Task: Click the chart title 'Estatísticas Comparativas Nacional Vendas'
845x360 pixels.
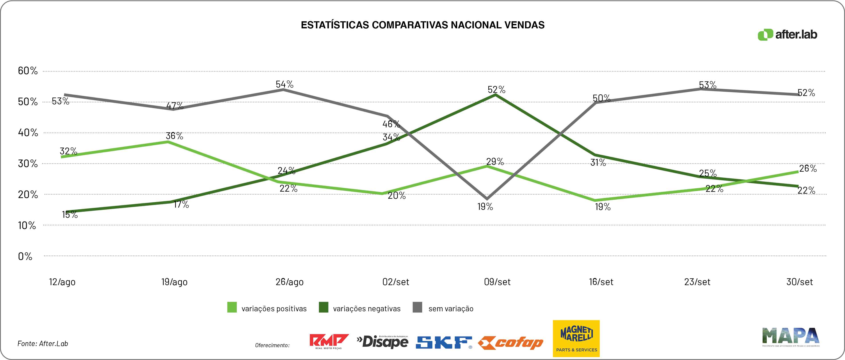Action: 423,25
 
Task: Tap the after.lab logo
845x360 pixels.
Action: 787,35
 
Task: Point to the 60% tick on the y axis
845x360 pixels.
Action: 28,70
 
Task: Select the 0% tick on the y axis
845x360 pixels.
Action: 25,256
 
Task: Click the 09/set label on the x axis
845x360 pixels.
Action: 497,282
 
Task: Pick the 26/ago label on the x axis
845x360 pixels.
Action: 290,282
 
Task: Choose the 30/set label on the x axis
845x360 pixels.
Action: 799,282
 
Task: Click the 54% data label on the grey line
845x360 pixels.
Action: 284,84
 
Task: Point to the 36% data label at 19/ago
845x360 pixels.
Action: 175,136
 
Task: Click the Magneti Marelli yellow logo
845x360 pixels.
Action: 576,338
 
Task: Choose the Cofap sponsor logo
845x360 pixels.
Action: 510,343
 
